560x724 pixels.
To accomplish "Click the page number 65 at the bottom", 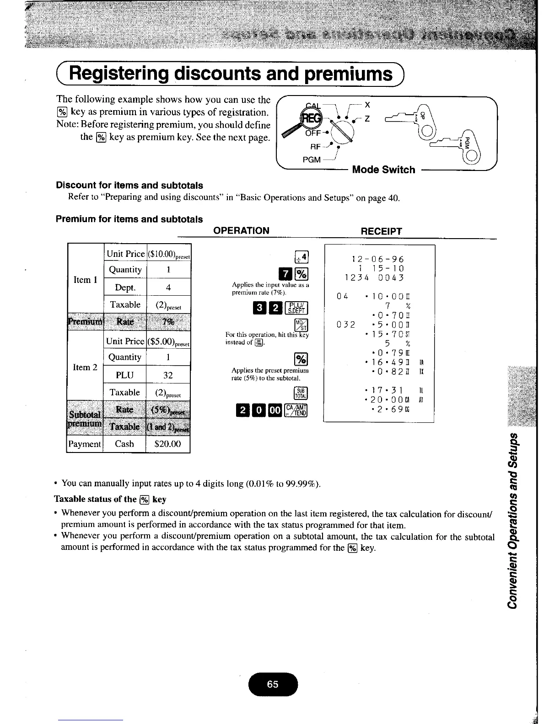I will (x=273, y=684).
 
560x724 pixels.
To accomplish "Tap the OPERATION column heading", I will (x=242, y=230).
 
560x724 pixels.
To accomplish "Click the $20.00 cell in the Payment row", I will (x=168, y=444).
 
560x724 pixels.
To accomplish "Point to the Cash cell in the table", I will (x=124, y=444).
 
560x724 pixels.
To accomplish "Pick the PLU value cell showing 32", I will (x=168, y=375).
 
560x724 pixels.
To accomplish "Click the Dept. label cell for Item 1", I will (x=125, y=287).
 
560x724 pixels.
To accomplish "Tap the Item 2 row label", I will (x=85, y=367).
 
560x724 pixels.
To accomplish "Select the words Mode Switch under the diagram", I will (x=383, y=170).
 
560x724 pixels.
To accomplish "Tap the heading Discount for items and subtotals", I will (x=129, y=185).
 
